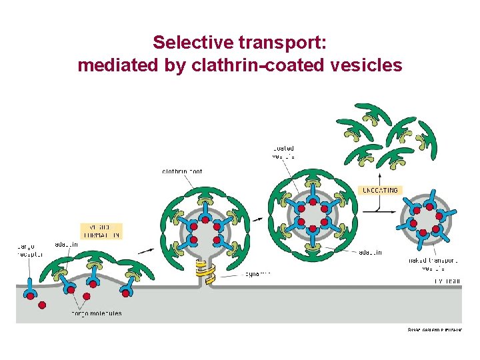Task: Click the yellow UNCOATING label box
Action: pyautogui.click(x=380, y=190)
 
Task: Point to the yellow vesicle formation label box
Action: pyautogui.click(x=102, y=231)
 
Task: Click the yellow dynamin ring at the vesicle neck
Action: pyautogui.click(x=201, y=270)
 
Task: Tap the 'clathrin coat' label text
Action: pyautogui.click(x=182, y=172)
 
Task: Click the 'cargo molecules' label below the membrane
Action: pyautogui.click(x=97, y=313)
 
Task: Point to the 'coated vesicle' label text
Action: pyautogui.click(x=283, y=152)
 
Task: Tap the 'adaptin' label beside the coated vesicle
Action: pyautogui.click(x=370, y=252)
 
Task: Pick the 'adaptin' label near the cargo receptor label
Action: pyautogui.click(x=66, y=245)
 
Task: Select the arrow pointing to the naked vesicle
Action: pyautogui.click(x=393, y=210)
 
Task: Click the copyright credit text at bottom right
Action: pyautogui.click(x=434, y=329)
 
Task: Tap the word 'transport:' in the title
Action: pyautogui.click(x=281, y=43)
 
